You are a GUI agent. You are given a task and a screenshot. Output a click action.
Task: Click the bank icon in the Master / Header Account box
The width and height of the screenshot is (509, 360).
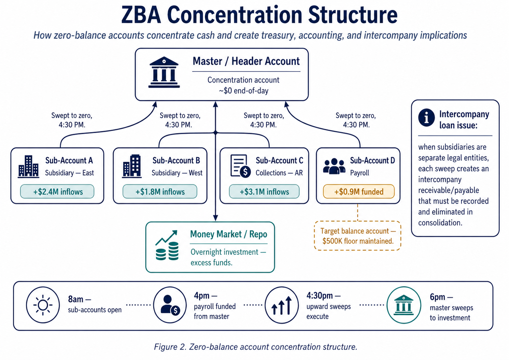point(164,72)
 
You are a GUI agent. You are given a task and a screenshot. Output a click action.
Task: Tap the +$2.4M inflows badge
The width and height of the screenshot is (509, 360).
point(57,192)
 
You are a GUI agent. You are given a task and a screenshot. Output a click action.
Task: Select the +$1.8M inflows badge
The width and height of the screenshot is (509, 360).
point(160,192)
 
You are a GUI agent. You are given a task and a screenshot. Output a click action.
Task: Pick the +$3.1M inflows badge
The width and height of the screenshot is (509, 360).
point(264,192)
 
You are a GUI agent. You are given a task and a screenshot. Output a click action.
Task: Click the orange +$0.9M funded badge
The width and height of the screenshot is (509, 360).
point(358,192)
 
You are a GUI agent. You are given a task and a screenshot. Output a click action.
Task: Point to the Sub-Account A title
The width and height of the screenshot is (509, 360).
point(69,160)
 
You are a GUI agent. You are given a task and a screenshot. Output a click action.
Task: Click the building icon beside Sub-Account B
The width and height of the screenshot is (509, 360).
point(132,166)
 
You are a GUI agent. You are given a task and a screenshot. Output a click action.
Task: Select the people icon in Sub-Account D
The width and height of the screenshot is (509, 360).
point(334,166)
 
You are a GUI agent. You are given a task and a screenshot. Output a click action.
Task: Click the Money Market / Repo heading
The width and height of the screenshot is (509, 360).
point(228,234)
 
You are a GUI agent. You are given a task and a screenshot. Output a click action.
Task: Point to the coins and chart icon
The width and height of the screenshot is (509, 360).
point(167,246)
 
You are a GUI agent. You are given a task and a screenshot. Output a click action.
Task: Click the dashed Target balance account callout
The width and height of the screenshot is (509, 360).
point(357,236)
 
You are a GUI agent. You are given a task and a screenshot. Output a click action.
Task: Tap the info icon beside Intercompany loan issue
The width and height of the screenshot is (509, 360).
point(426,118)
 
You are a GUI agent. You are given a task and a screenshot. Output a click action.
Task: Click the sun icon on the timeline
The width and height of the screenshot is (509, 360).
point(43,305)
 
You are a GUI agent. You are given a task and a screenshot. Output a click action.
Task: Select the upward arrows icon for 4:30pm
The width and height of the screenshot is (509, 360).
point(282,305)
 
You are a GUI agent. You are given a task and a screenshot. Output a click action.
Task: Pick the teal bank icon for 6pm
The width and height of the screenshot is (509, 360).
point(404,305)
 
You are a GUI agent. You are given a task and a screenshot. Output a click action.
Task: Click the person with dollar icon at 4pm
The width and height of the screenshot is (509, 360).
point(170,305)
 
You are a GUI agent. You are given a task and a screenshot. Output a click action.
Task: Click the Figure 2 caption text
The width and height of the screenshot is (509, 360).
point(255,347)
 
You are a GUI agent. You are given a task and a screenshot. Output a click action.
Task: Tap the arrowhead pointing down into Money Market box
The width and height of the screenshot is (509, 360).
point(215,218)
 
